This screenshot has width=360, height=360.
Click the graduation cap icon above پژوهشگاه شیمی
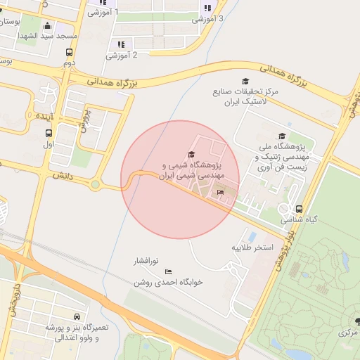click(x=191, y=155)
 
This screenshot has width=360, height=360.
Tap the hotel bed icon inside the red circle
click(x=220, y=191)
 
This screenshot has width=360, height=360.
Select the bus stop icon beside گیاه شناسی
click(x=300, y=209)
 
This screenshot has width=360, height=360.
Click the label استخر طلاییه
click(x=252, y=248)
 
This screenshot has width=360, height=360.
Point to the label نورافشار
click(x=148, y=261)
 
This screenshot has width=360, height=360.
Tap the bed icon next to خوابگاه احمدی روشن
click(x=168, y=271)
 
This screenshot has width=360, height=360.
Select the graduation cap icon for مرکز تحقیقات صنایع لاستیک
click(x=245, y=82)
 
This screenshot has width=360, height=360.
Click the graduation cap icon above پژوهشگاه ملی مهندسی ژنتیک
click(x=282, y=136)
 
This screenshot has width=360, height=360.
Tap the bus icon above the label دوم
click(x=69, y=52)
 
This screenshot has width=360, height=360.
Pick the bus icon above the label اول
click(x=49, y=133)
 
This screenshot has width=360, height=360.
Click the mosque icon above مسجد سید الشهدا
click(x=48, y=25)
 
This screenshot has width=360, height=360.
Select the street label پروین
click(x=83, y=120)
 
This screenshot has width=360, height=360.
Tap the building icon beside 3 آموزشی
click(x=207, y=8)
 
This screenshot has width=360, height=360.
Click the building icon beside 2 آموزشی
click(x=121, y=44)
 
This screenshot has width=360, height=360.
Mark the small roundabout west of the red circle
click(x=95, y=185)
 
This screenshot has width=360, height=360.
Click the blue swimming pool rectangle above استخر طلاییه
click(x=253, y=236)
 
